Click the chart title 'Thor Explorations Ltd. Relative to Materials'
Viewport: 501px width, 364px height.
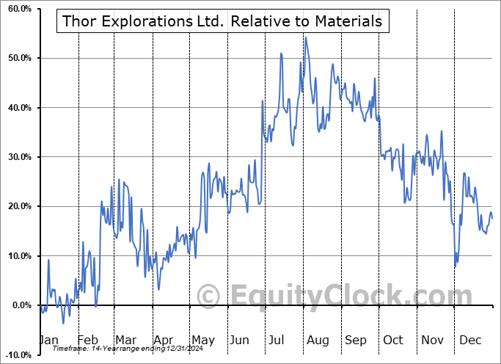coord(222,21)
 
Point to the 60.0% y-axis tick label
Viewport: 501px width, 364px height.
coord(17,9)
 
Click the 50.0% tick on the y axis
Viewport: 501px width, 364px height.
coord(17,58)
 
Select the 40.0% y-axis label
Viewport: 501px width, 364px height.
coord(17,108)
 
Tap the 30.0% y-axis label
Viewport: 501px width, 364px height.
coord(17,157)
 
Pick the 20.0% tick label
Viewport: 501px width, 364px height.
coord(17,206)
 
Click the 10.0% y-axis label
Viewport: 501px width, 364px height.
coord(17,256)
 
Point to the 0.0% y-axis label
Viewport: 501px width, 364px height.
coord(19,305)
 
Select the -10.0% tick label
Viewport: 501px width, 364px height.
coord(16,354)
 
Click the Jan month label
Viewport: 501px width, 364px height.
coord(48,340)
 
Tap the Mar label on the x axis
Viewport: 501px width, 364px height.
coord(125,340)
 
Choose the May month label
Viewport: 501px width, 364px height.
coord(202,340)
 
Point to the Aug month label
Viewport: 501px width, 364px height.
coord(318,340)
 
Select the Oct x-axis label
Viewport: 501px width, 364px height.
coord(393,340)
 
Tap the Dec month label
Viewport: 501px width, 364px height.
coord(469,340)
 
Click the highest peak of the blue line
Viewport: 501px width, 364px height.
coord(305,37)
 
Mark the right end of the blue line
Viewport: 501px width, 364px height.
coord(492,219)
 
